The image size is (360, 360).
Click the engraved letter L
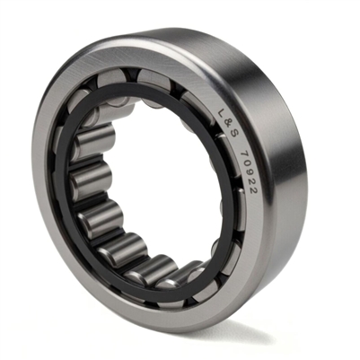pyautogui.click(x=222, y=115)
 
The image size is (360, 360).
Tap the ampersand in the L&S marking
pyautogui.click(x=227, y=125)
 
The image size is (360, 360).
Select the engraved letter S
pyautogui.click(x=233, y=136)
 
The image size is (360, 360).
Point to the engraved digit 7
pyautogui.click(x=244, y=155)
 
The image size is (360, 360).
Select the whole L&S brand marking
pyautogui.click(x=227, y=126)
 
